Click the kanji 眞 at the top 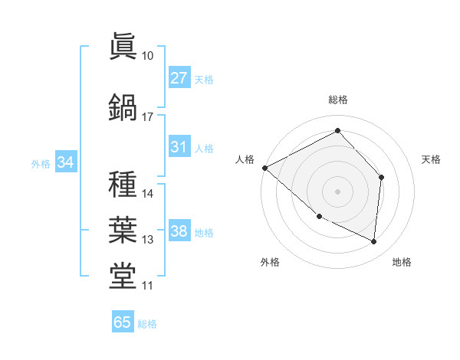(x=123, y=47)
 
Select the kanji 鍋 (x=123, y=108)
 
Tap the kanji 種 (x=123, y=185)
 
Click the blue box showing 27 (x=179, y=78)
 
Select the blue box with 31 (x=179, y=147)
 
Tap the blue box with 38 (x=179, y=231)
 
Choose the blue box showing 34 (x=65, y=162)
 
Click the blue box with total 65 (x=123, y=322)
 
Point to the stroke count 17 (x=148, y=117)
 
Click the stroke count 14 (x=148, y=194)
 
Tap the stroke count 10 (x=148, y=56)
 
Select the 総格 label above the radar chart (x=337, y=100)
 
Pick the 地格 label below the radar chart (x=402, y=262)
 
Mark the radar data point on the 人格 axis (x=264, y=168)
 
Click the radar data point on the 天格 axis (x=382, y=177)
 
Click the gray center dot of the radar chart (x=337, y=191)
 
